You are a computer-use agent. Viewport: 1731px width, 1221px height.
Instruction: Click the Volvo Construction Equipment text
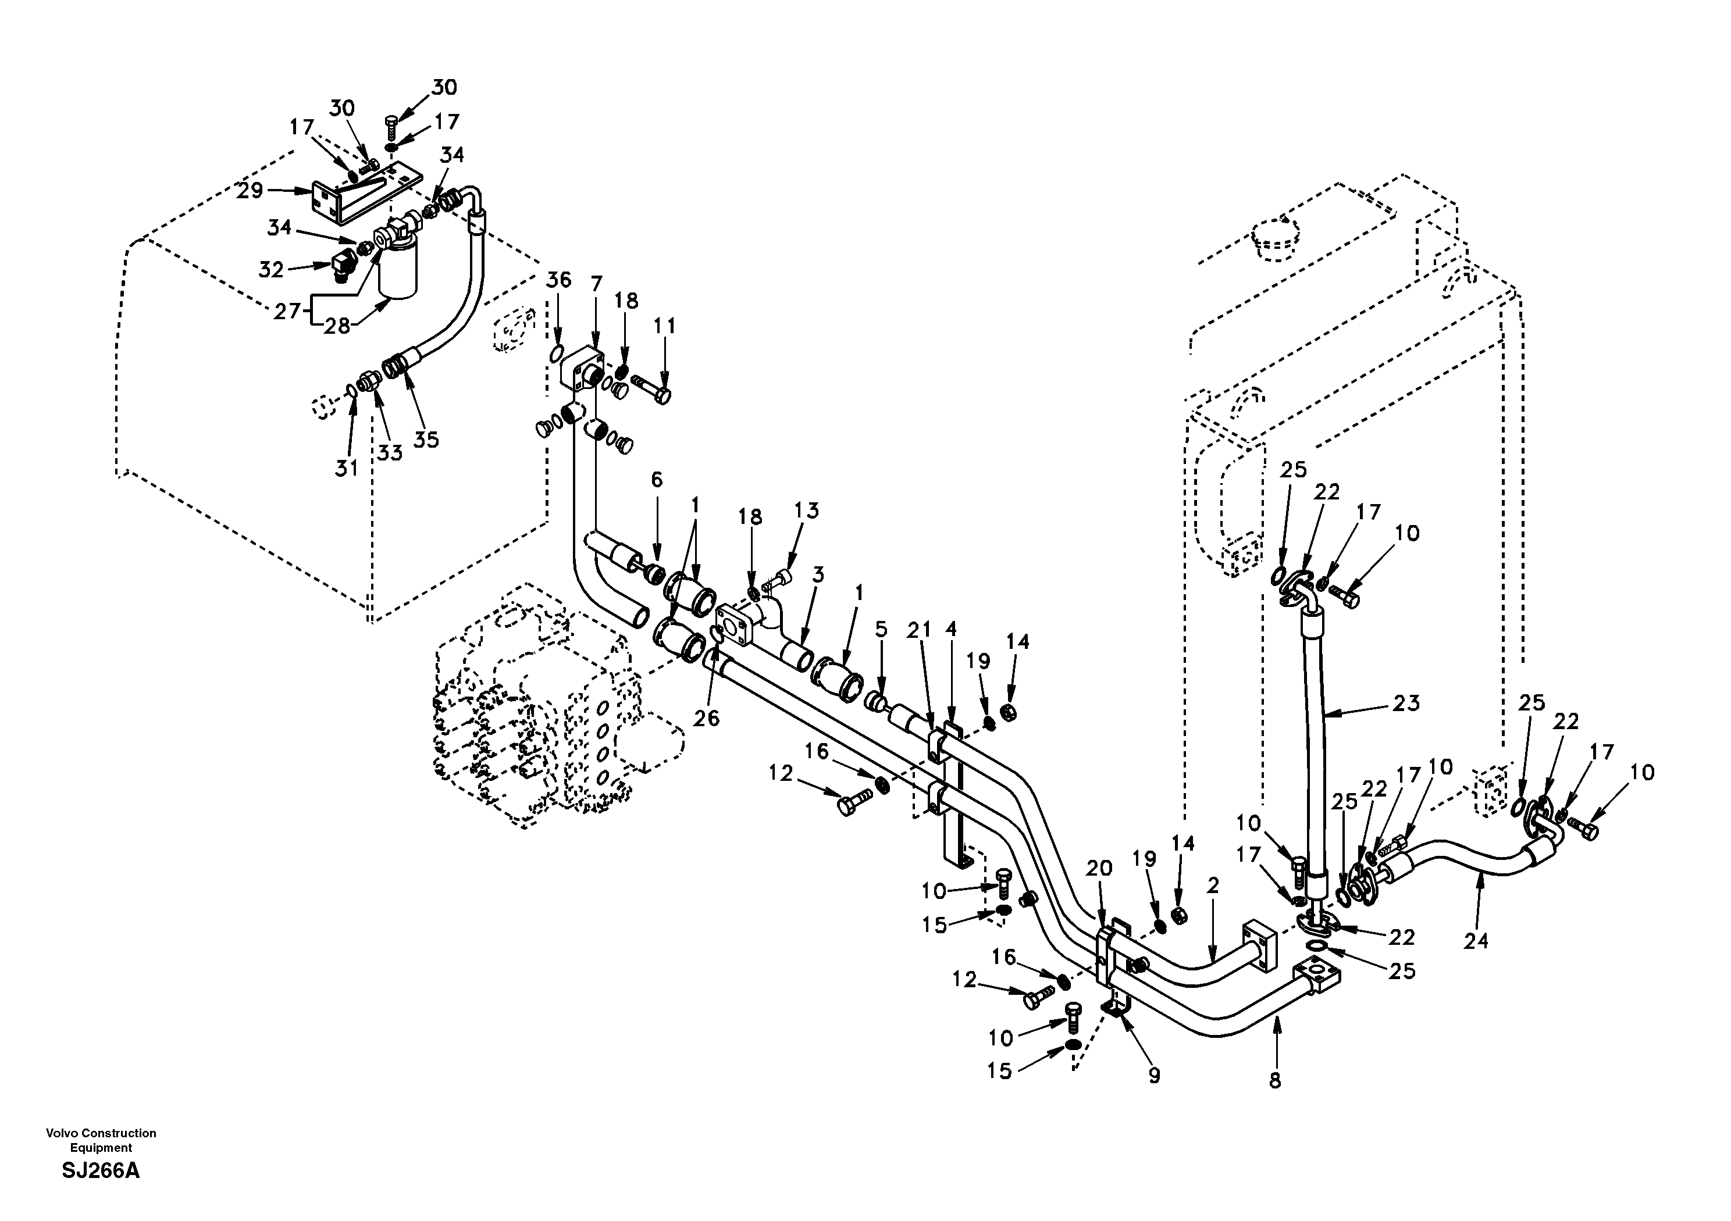[x=101, y=1140]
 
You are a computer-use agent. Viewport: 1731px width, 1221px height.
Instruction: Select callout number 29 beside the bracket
[x=250, y=191]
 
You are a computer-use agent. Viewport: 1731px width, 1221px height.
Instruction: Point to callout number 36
[x=558, y=280]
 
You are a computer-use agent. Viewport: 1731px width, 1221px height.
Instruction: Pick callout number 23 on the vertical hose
[x=1405, y=703]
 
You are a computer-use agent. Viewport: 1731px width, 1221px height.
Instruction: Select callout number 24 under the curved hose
[x=1476, y=941]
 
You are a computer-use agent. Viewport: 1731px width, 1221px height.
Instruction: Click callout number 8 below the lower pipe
[x=1275, y=1081]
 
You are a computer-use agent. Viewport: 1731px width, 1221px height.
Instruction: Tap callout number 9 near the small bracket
[x=1154, y=1076]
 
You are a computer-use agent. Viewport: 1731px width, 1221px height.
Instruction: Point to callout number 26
[x=707, y=718]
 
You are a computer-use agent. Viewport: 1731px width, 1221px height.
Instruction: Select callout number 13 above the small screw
[x=806, y=510]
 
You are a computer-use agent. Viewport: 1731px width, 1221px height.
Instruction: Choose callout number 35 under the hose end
[x=426, y=440]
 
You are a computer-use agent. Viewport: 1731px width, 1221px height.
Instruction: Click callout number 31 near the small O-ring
[x=346, y=468]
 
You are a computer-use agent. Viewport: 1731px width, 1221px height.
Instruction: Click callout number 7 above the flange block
[x=596, y=284]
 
